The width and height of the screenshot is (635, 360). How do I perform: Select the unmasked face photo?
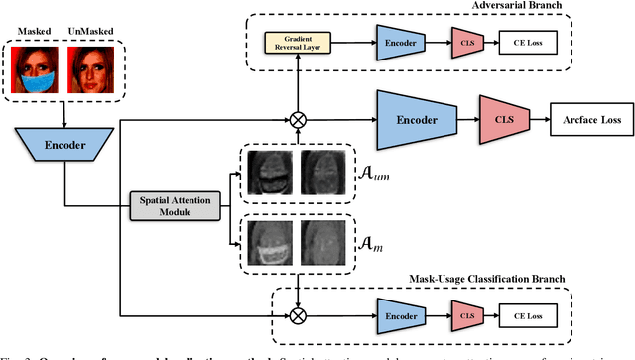click(87, 71)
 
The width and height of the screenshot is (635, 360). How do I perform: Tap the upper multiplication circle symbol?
click(296, 121)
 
